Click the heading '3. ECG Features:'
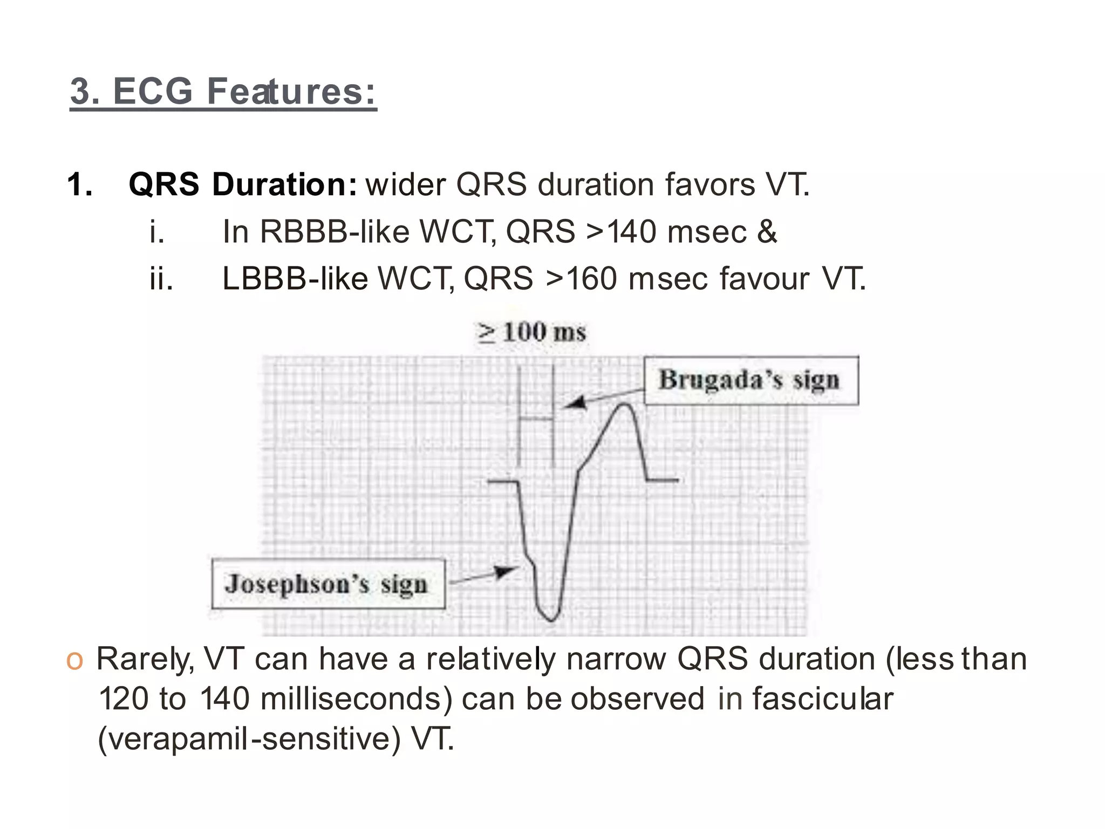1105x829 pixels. (223, 91)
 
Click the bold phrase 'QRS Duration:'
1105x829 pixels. (242, 184)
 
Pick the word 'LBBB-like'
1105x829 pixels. (295, 279)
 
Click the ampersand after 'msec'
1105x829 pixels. (767, 232)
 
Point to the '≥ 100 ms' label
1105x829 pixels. (531, 332)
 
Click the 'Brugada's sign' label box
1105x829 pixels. (751, 380)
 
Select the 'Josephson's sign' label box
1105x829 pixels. (328, 584)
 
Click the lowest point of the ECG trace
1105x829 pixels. (551, 620)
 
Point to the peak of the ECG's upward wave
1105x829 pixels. (625, 405)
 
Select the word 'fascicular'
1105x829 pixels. (822, 699)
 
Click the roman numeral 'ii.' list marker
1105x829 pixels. (161, 279)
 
